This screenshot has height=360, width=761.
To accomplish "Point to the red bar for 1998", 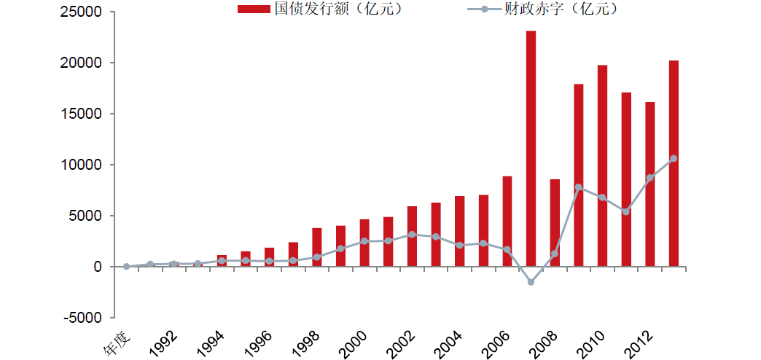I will point(316,247).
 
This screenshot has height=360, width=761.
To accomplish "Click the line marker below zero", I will point(531,282).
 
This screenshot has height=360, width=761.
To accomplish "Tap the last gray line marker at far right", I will point(674,158).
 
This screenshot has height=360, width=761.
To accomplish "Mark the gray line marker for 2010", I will point(602,197).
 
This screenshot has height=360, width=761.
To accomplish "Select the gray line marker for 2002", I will point(412,234).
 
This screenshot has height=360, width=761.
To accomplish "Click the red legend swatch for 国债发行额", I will point(254,9).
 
